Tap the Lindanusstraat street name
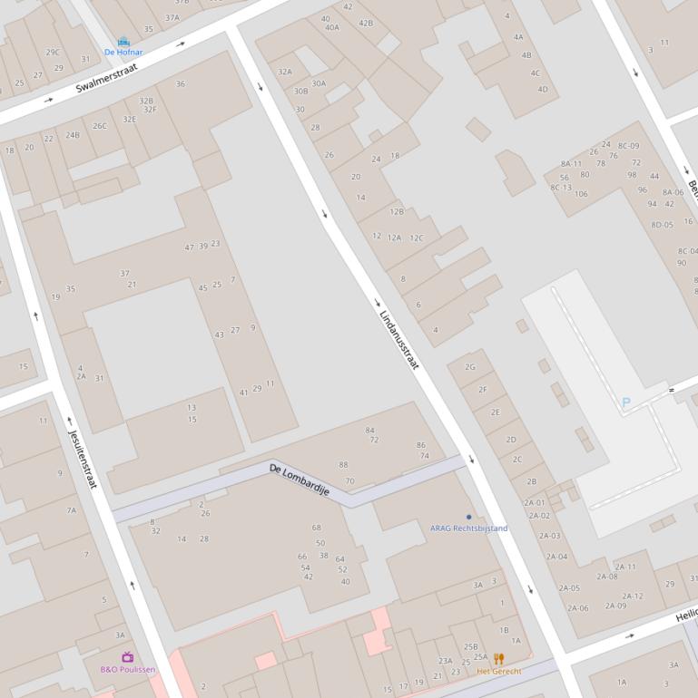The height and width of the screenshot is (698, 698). tap(399, 340)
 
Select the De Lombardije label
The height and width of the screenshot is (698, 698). tap(299, 480)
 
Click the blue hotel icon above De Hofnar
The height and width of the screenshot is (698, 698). tap(123, 42)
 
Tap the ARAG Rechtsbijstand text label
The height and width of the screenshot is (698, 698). tap(468, 528)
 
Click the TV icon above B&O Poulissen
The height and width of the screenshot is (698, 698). tap(127, 657)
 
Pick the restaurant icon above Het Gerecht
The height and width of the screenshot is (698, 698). tap(498, 659)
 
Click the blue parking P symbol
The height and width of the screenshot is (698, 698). tap(625, 402)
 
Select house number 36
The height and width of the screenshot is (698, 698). tap(181, 84)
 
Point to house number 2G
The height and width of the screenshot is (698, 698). tap(470, 367)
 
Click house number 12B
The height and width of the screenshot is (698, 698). tap(397, 211)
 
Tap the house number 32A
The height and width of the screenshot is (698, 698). tap(285, 72)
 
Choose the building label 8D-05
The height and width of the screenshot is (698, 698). tap(662, 225)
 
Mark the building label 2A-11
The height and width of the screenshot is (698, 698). tap(625, 567)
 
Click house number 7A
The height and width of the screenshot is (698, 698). tap(71, 510)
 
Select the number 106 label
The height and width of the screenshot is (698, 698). tap(581, 194)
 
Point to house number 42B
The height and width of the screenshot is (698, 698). tap(366, 23)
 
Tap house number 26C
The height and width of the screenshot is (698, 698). tap(99, 126)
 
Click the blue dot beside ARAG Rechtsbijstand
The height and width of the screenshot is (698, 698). tap(468, 517)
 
